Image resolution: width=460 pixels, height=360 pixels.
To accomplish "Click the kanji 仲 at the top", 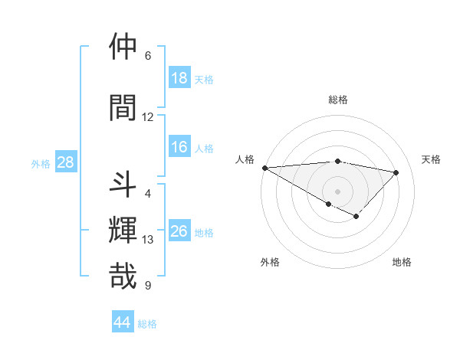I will pyautogui.click(x=123, y=47).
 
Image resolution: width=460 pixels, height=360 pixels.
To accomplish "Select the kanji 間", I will pyautogui.click(x=123, y=107).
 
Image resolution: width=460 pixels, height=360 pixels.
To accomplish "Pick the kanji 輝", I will pyautogui.click(x=123, y=229).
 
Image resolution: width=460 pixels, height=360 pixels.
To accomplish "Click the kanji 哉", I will pyautogui.click(x=123, y=276).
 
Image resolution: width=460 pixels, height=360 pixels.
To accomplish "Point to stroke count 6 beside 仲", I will pyautogui.click(x=148, y=56).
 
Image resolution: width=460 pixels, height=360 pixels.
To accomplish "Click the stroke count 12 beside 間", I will pyautogui.click(x=148, y=117).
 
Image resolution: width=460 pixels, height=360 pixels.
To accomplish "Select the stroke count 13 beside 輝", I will pyautogui.click(x=148, y=240).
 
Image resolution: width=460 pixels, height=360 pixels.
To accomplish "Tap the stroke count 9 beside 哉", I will pyautogui.click(x=148, y=286).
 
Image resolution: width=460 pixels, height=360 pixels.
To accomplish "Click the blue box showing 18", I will pyautogui.click(x=179, y=78).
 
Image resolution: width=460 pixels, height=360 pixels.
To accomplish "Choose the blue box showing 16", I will pyautogui.click(x=179, y=147).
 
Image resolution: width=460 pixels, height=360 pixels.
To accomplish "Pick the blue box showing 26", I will pyautogui.click(x=179, y=231).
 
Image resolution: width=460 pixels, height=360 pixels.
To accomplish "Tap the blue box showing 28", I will pyautogui.click(x=65, y=162).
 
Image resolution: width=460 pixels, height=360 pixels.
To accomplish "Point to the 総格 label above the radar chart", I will pyautogui.click(x=338, y=100).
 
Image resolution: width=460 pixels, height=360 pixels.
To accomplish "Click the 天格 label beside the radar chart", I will pyautogui.click(x=432, y=159).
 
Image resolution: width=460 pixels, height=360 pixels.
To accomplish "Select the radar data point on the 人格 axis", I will pyautogui.click(x=264, y=167).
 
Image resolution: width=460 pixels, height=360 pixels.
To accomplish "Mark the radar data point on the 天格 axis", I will pyautogui.click(x=396, y=172).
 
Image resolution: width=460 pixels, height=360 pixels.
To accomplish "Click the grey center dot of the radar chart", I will pyautogui.click(x=337, y=190).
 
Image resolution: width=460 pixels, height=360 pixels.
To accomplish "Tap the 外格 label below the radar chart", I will pyautogui.click(x=270, y=262).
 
